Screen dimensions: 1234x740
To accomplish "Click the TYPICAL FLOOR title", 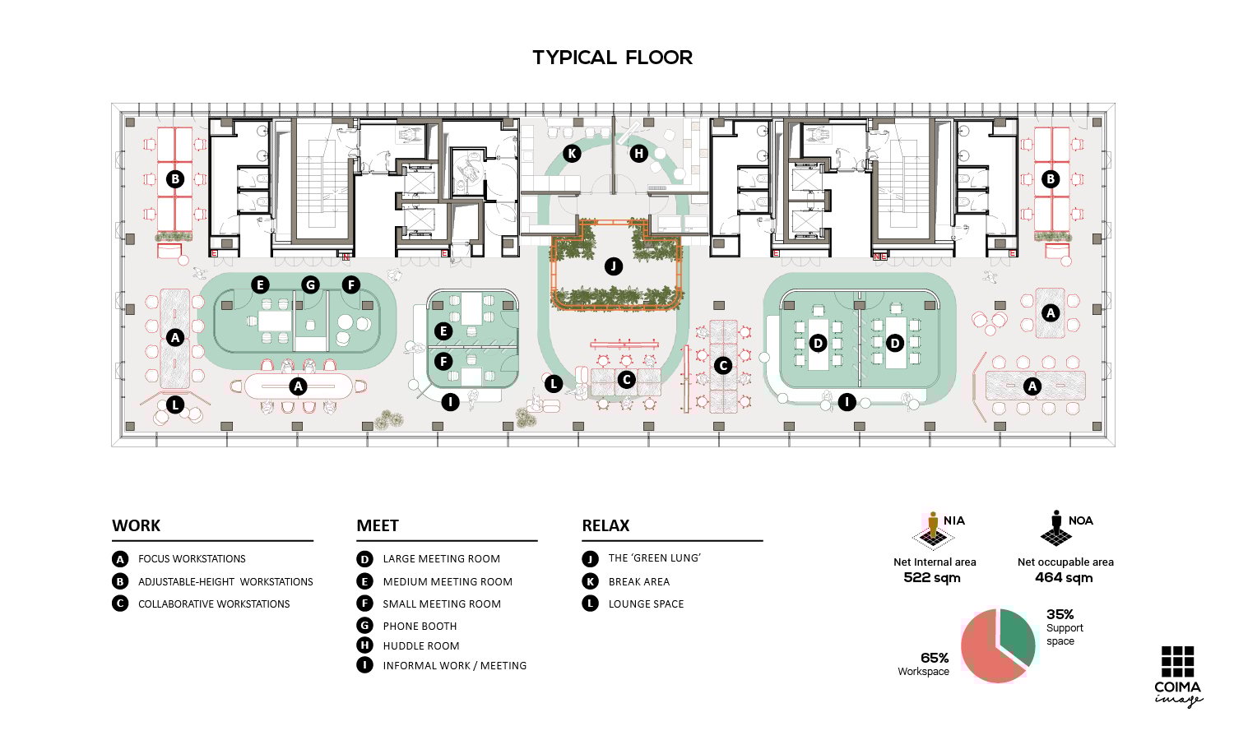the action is tap(612, 58).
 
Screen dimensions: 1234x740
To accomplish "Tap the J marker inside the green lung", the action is tap(613, 266).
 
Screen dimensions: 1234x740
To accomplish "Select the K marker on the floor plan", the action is tap(572, 153).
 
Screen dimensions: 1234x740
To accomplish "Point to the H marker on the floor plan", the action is tap(638, 153).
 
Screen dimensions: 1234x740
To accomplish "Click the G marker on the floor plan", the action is tap(311, 284).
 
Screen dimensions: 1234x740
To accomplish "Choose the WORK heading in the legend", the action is tap(136, 525).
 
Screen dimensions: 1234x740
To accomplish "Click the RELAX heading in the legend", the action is tap(605, 525).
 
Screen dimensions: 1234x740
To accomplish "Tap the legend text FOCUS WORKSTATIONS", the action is tap(192, 559).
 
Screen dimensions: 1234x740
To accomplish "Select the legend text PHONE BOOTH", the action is tap(420, 626).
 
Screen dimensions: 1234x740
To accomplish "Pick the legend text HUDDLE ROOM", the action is tap(421, 645).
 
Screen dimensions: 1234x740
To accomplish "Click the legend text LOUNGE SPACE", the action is tap(646, 604).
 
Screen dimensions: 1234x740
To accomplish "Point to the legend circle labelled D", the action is tap(364, 559).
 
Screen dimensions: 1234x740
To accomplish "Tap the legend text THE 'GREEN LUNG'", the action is tap(655, 558).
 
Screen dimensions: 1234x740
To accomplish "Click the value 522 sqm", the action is tap(932, 577).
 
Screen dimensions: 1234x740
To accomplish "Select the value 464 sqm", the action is tap(1064, 577).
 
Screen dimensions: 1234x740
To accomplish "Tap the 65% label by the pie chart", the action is tap(935, 658).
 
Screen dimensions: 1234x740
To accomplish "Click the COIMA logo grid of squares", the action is tap(1178, 661).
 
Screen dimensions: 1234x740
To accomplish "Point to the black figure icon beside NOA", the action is tap(1056, 529).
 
